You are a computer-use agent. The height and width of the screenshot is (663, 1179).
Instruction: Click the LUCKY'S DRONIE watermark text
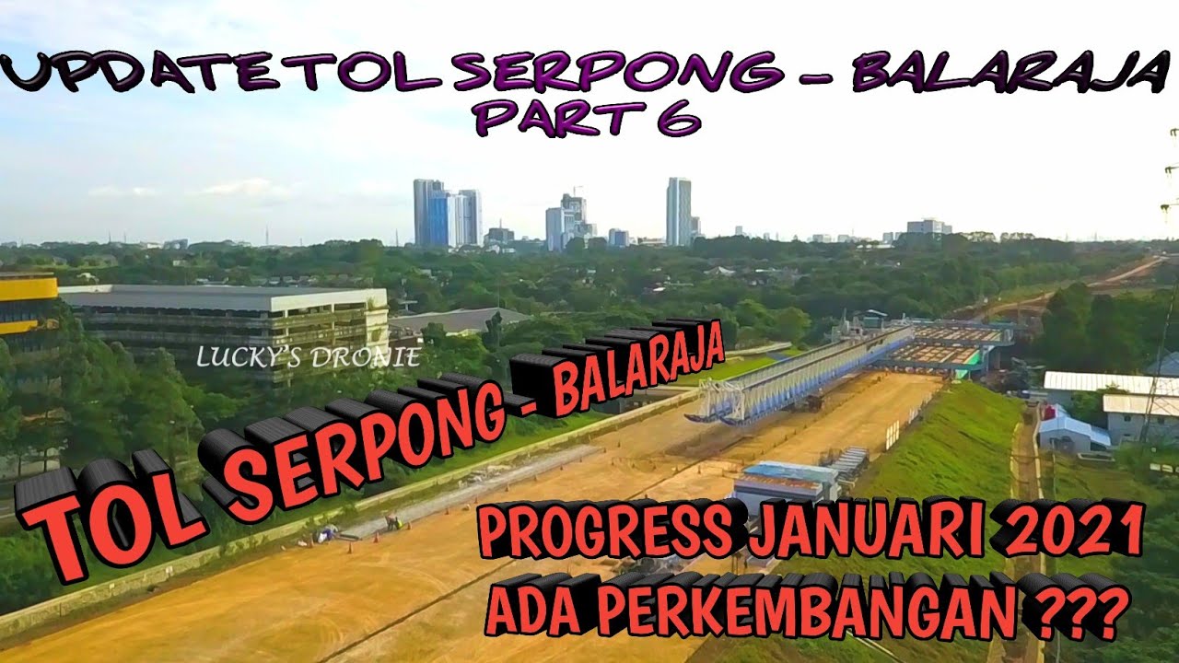tap(309, 357)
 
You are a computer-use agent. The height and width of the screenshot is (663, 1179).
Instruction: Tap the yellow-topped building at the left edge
tap(28, 304)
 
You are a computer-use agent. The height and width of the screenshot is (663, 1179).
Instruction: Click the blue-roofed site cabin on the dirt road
tap(788, 479)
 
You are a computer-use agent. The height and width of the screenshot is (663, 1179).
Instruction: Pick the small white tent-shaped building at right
tap(1068, 428)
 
